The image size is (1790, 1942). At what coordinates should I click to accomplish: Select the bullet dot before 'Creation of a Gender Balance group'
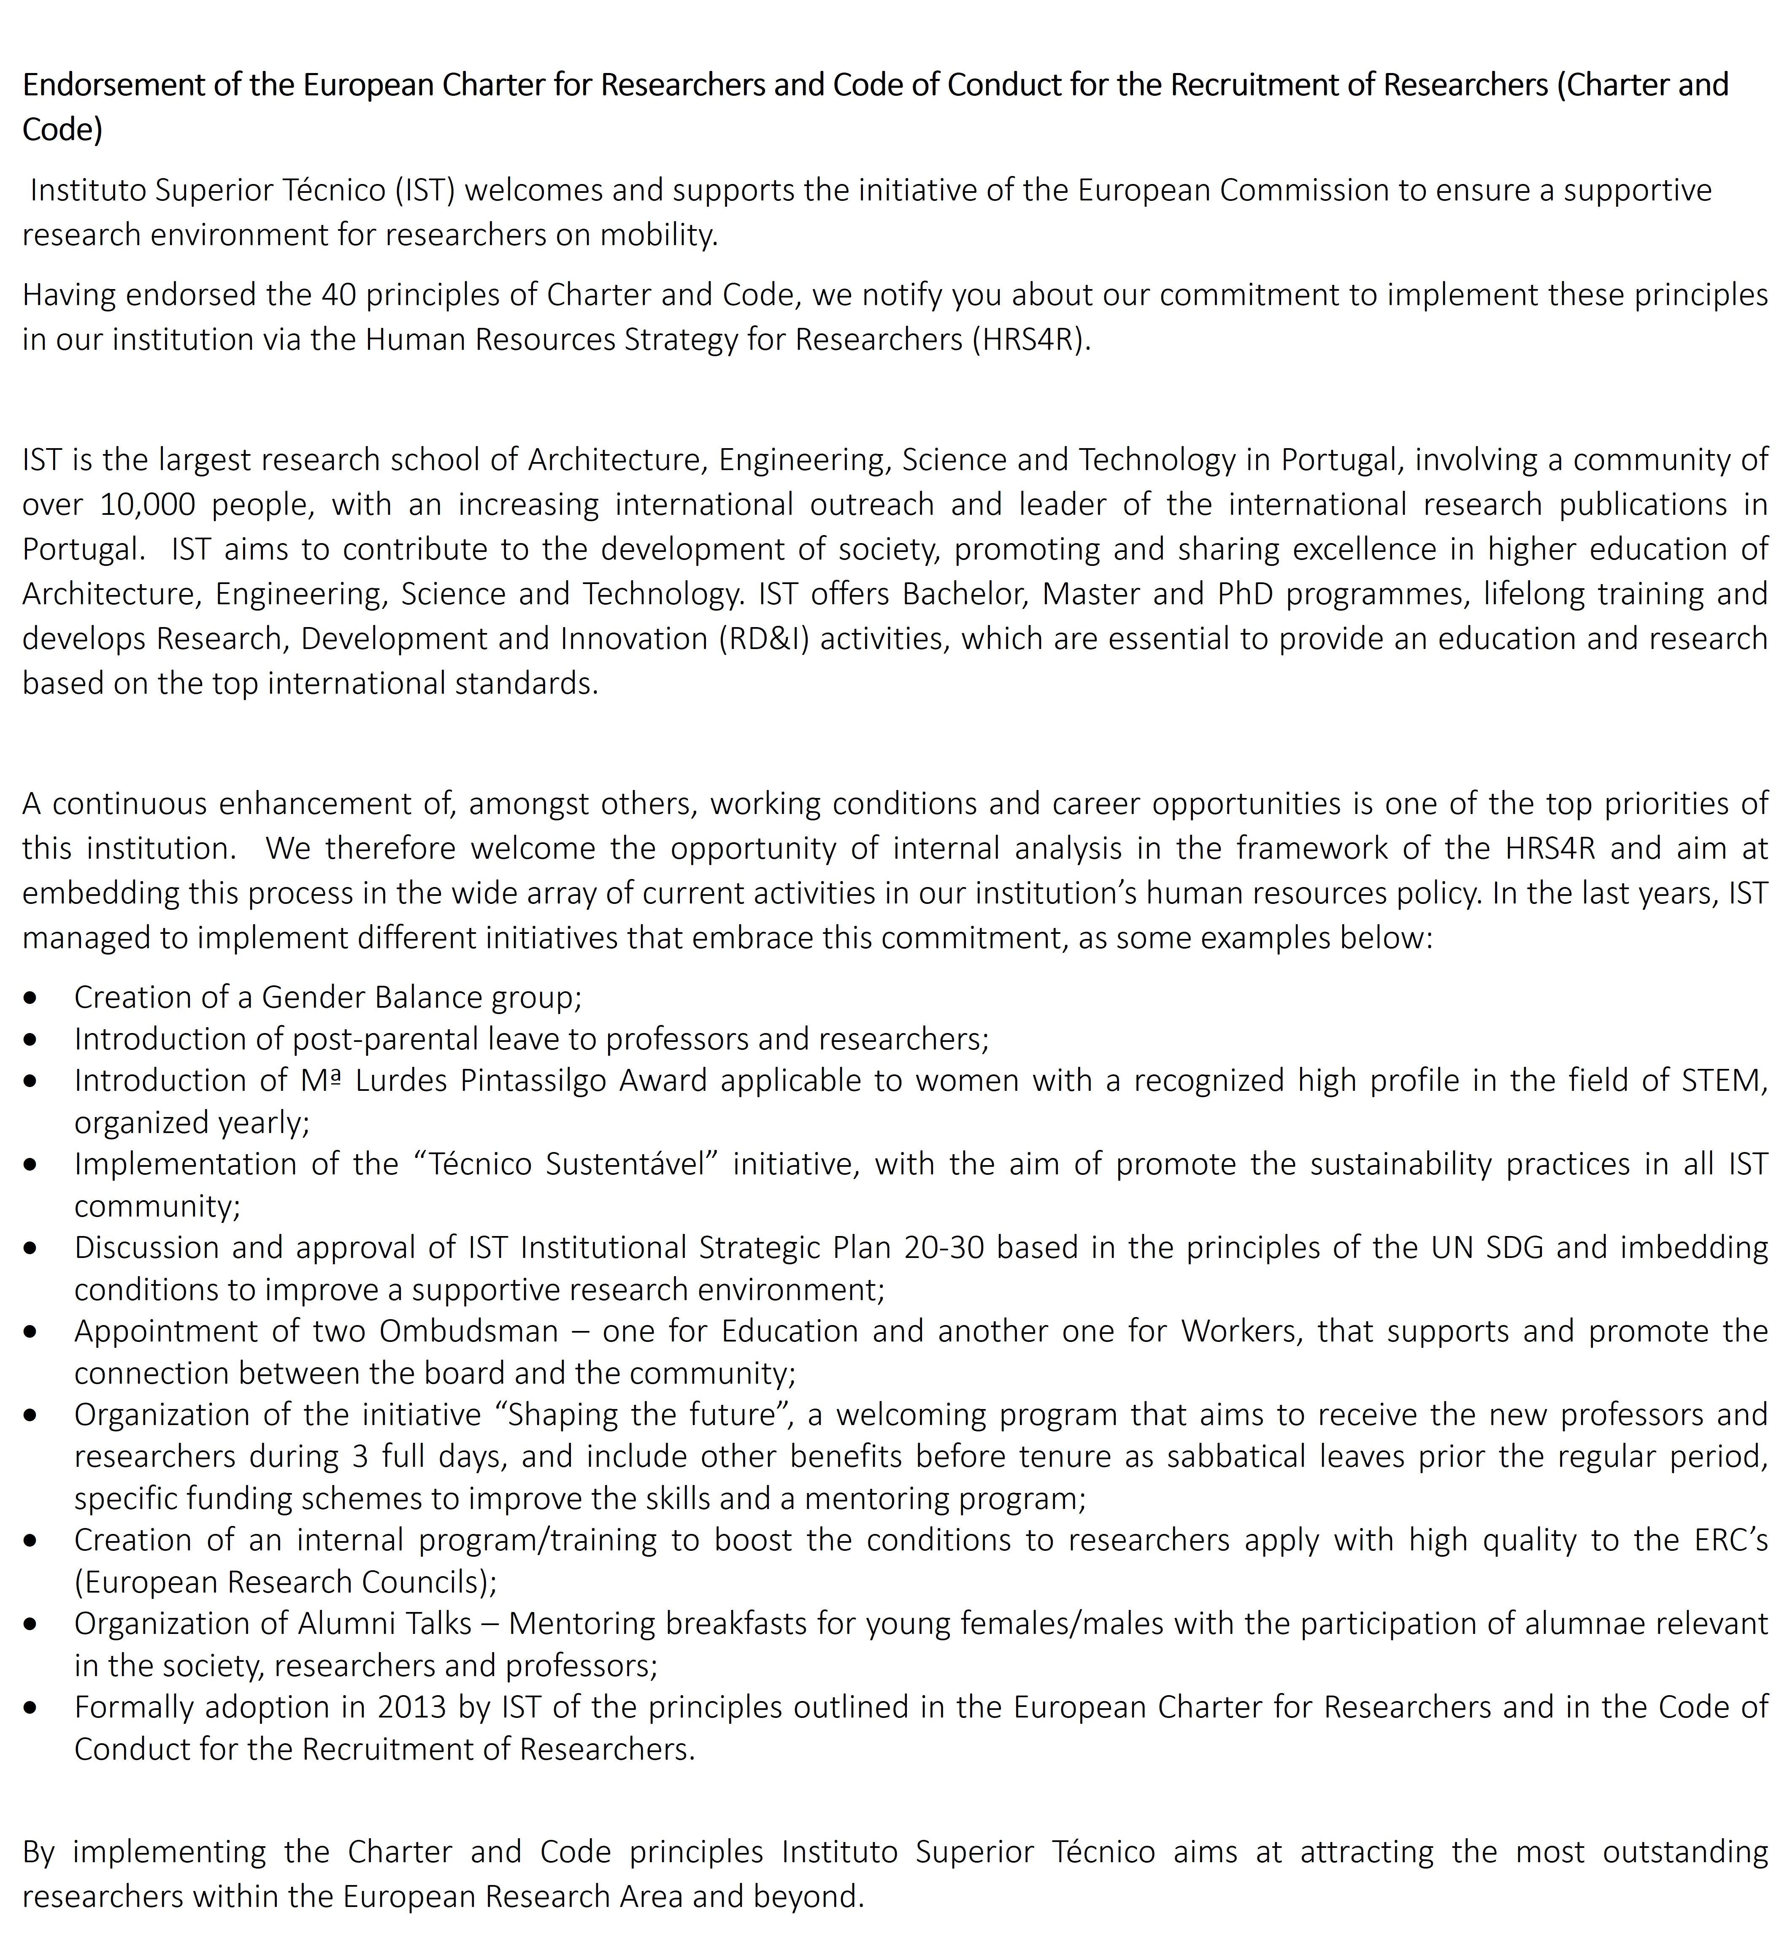(32, 998)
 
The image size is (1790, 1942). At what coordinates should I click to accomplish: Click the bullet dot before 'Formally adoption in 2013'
(32, 1708)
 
